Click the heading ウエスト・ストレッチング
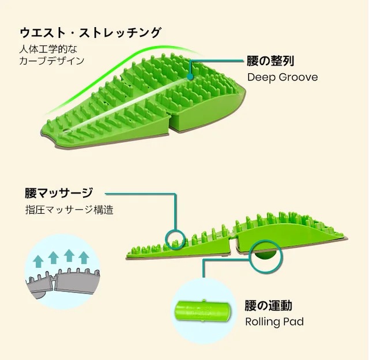pos(91,33)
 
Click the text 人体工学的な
pos(48,50)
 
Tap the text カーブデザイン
pos(52,60)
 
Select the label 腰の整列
pos(270,61)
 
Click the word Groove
pos(298,77)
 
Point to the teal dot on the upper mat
pos(190,77)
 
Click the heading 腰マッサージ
pos(59,193)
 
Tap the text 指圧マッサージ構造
pos(69,210)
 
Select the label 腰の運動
pos(269,305)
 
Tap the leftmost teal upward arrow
pos(38,262)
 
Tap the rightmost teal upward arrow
pos(84,257)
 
